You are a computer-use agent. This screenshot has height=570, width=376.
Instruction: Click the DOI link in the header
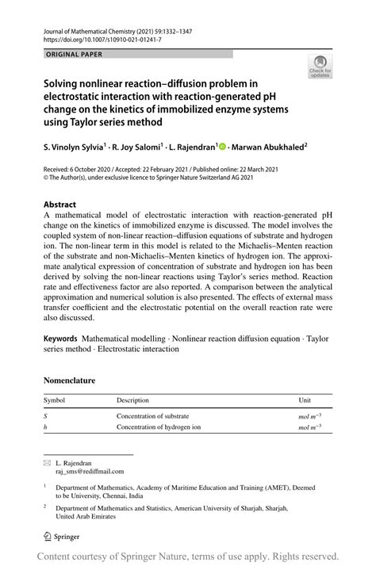pyautogui.click(x=103, y=38)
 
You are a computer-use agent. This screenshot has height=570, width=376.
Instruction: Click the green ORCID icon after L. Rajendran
pyautogui.click(x=221, y=147)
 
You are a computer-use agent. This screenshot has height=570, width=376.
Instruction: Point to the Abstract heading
pyautogui.click(x=59, y=204)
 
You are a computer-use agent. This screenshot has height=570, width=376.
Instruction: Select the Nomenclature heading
pyautogui.click(x=69, y=381)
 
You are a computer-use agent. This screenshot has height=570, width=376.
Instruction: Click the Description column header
pyautogui.click(x=132, y=401)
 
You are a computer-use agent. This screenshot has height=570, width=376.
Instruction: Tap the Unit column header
pyautogui.click(x=305, y=401)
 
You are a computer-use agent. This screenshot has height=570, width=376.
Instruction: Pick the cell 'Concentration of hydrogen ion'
pyautogui.click(x=159, y=427)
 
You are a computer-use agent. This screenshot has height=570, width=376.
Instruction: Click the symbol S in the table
pyautogui.click(x=45, y=415)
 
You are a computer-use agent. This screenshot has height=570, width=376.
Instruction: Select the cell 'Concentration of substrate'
pyautogui.click(x=152, y=415)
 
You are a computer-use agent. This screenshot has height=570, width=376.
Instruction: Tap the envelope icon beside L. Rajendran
pyautogui.click(x=47, y=461)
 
